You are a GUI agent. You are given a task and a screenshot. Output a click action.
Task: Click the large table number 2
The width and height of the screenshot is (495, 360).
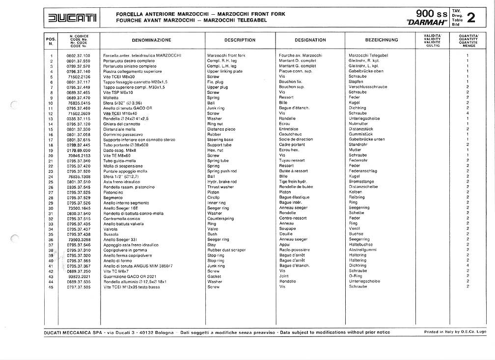tap(470, 18)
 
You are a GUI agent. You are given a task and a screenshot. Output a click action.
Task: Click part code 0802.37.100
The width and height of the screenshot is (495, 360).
tap(79, 55)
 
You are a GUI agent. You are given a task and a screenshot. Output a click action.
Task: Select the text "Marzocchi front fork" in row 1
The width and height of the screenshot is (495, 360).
tap(226, 55)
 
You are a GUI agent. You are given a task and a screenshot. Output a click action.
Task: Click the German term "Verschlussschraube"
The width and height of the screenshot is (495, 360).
tap(368, 87)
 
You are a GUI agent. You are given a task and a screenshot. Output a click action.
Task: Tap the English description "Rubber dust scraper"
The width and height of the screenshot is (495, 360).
tap(226, 250)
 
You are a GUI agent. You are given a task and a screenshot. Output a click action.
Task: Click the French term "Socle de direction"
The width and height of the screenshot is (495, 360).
tap(296, 139)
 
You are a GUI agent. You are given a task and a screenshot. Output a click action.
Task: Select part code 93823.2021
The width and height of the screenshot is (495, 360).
tap(79, 277)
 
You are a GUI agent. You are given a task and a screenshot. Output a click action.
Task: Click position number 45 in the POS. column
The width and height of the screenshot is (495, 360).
tap(51, 287)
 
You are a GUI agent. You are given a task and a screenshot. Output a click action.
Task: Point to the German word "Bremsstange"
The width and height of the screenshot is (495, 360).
tap(361, 182)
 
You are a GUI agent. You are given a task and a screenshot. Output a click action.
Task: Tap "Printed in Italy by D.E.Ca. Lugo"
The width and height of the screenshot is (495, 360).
tap(455, 332)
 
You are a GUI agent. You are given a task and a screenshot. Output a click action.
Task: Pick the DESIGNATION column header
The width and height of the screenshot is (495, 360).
tap(310, 40)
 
